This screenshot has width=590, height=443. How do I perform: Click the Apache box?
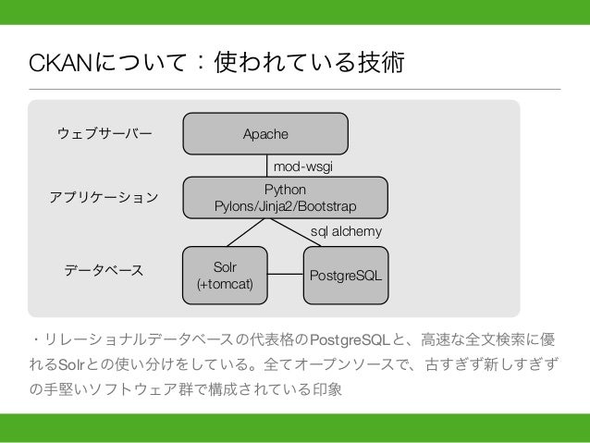point(265,134)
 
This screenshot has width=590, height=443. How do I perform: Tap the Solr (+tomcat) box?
point(225,275)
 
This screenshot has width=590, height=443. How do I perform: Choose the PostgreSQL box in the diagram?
point(346,275)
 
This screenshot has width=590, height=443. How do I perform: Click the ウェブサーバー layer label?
point(104,134)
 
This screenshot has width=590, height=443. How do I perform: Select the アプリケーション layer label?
point(103,198)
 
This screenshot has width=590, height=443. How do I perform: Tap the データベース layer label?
point(104,271)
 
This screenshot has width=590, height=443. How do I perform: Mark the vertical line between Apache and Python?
point(265,166)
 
